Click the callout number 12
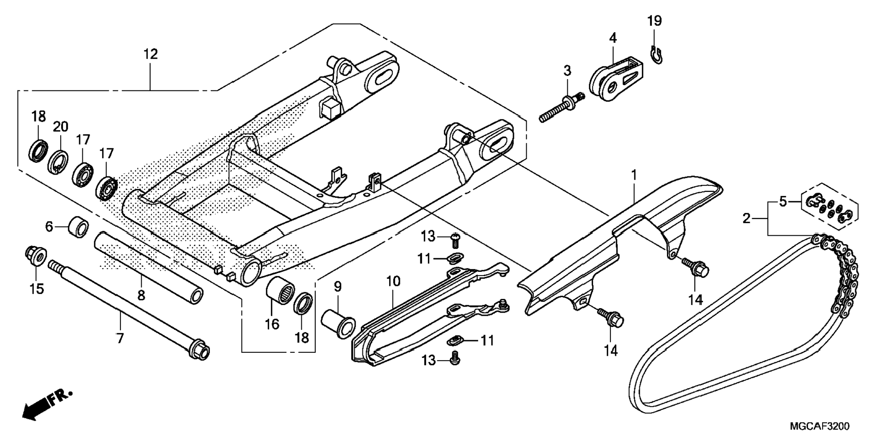[x=151, y=54]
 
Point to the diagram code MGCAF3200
[x=820, y=427]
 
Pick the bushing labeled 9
[x=338, y=323]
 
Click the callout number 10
[x=393, y=281]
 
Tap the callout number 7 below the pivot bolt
[x=120, y=337]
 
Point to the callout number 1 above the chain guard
[x=634, y=175]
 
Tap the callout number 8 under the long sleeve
[x=141, y=295]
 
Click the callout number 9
[x=338, y=286]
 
